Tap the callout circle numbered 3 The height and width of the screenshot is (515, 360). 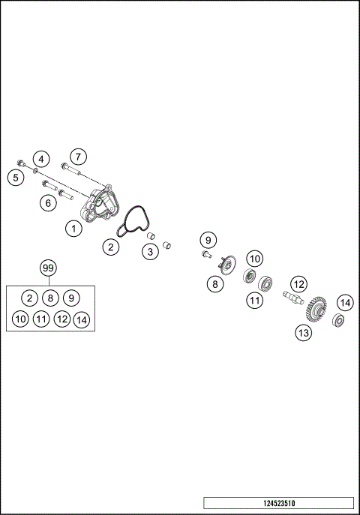point(150,252)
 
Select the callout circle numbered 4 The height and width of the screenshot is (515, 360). point(41,159)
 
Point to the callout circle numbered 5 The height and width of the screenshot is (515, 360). point(14,177)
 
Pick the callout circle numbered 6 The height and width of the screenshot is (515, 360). point(49,202)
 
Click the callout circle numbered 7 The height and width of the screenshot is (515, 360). point(79,156)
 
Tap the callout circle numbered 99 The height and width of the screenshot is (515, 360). point(49,268)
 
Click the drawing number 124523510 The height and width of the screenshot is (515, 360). point(277,502)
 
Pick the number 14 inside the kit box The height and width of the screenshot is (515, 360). point(82,319)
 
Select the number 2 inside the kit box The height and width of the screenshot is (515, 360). point(28,298)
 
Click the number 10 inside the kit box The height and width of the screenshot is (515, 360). point(20,319)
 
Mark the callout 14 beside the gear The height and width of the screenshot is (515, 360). point(344,303)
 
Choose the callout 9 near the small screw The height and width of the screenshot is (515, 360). point(208,240)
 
